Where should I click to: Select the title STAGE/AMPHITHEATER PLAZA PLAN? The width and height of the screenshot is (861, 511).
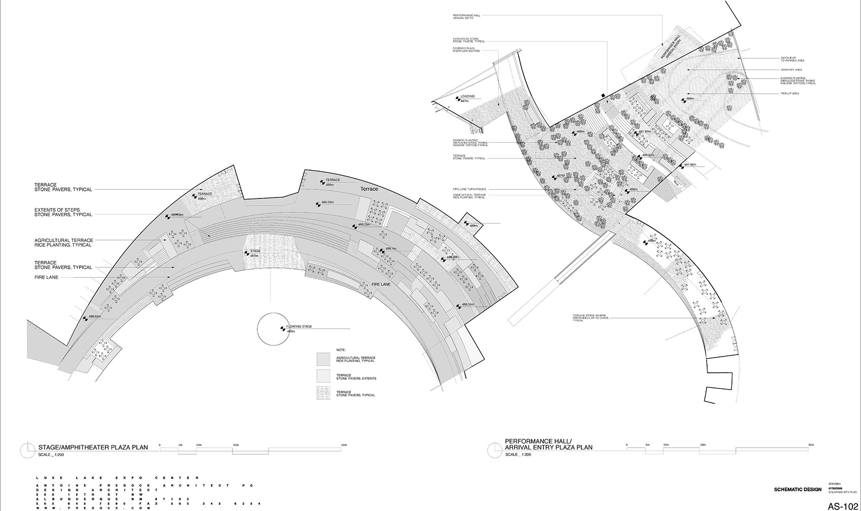point(93,447)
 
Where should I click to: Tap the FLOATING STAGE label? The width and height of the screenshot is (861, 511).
point(299,327)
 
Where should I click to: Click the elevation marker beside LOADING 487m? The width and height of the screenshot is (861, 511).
point(458,99)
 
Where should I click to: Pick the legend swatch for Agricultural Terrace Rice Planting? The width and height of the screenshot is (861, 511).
point(324,359)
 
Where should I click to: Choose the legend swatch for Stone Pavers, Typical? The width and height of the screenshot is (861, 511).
point(324,392)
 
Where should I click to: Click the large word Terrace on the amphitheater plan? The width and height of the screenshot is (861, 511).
point(369,189)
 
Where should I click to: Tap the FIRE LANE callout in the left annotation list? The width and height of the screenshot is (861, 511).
point(46,278)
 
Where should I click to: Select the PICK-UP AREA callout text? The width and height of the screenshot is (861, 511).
point(790,94)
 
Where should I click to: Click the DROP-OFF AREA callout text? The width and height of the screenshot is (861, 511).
point(791,70)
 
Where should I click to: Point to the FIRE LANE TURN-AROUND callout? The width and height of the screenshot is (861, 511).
point(469,189)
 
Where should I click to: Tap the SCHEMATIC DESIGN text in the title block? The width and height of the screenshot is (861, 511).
point(798,489)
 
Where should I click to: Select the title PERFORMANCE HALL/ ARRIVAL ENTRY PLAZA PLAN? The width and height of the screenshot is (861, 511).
point(548,444)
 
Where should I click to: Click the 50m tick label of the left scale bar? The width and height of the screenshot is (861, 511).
point(344,445)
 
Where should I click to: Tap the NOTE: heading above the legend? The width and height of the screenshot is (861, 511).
point(340,350)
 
